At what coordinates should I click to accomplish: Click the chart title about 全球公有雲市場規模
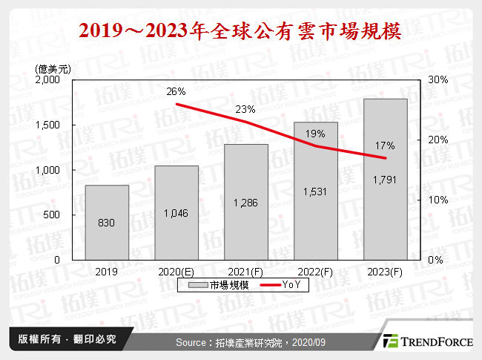pyautogui.click(x=240, y=30)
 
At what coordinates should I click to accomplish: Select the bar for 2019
pyautogui.click(x=106, y=223)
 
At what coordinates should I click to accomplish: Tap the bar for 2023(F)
pyautogui.click(x=385, y=179)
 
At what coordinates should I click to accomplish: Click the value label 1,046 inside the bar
pyautogui.click(x=176, y=213)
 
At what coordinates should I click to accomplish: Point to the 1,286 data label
pyautogui.click(x=245, y=202)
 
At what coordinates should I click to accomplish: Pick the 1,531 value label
pyautogui.click(x=315, y=191)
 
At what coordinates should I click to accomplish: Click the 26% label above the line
pyautogui.click(x=176, y=91)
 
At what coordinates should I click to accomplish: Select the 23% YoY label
pyautogui.click(x=245, y=109)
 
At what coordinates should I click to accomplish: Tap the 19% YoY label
pyautogui.click(x=315, y=134)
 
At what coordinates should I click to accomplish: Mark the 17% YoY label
pyautogui.click(x=385, y=145)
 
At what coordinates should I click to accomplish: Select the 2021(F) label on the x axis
pyautogui.click(x=245, y=272)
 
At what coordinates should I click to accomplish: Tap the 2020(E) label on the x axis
pyautogui.click(x=176, y=272)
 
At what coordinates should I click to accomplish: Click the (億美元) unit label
pyautogui.click(x=53, y=68)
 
